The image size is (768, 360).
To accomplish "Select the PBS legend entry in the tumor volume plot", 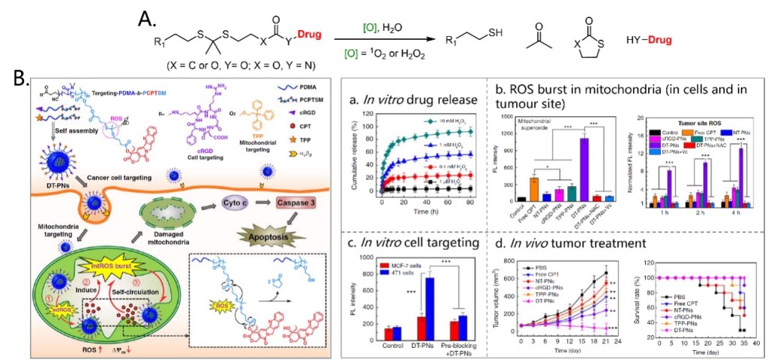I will click(x=541, y=265).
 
